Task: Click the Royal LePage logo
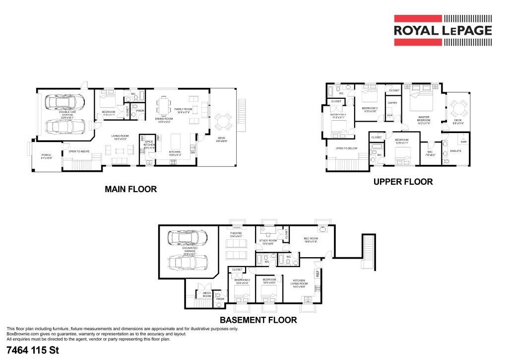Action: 443,31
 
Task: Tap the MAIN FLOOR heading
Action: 130,189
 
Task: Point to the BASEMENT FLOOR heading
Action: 258,320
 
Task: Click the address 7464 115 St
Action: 33,351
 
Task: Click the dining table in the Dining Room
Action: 164,106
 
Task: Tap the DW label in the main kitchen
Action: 192,152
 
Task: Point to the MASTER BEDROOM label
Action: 423,119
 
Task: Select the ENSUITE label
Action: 455,150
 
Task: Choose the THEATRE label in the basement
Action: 236,234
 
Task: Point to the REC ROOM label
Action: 311,239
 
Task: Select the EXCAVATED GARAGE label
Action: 189,250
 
